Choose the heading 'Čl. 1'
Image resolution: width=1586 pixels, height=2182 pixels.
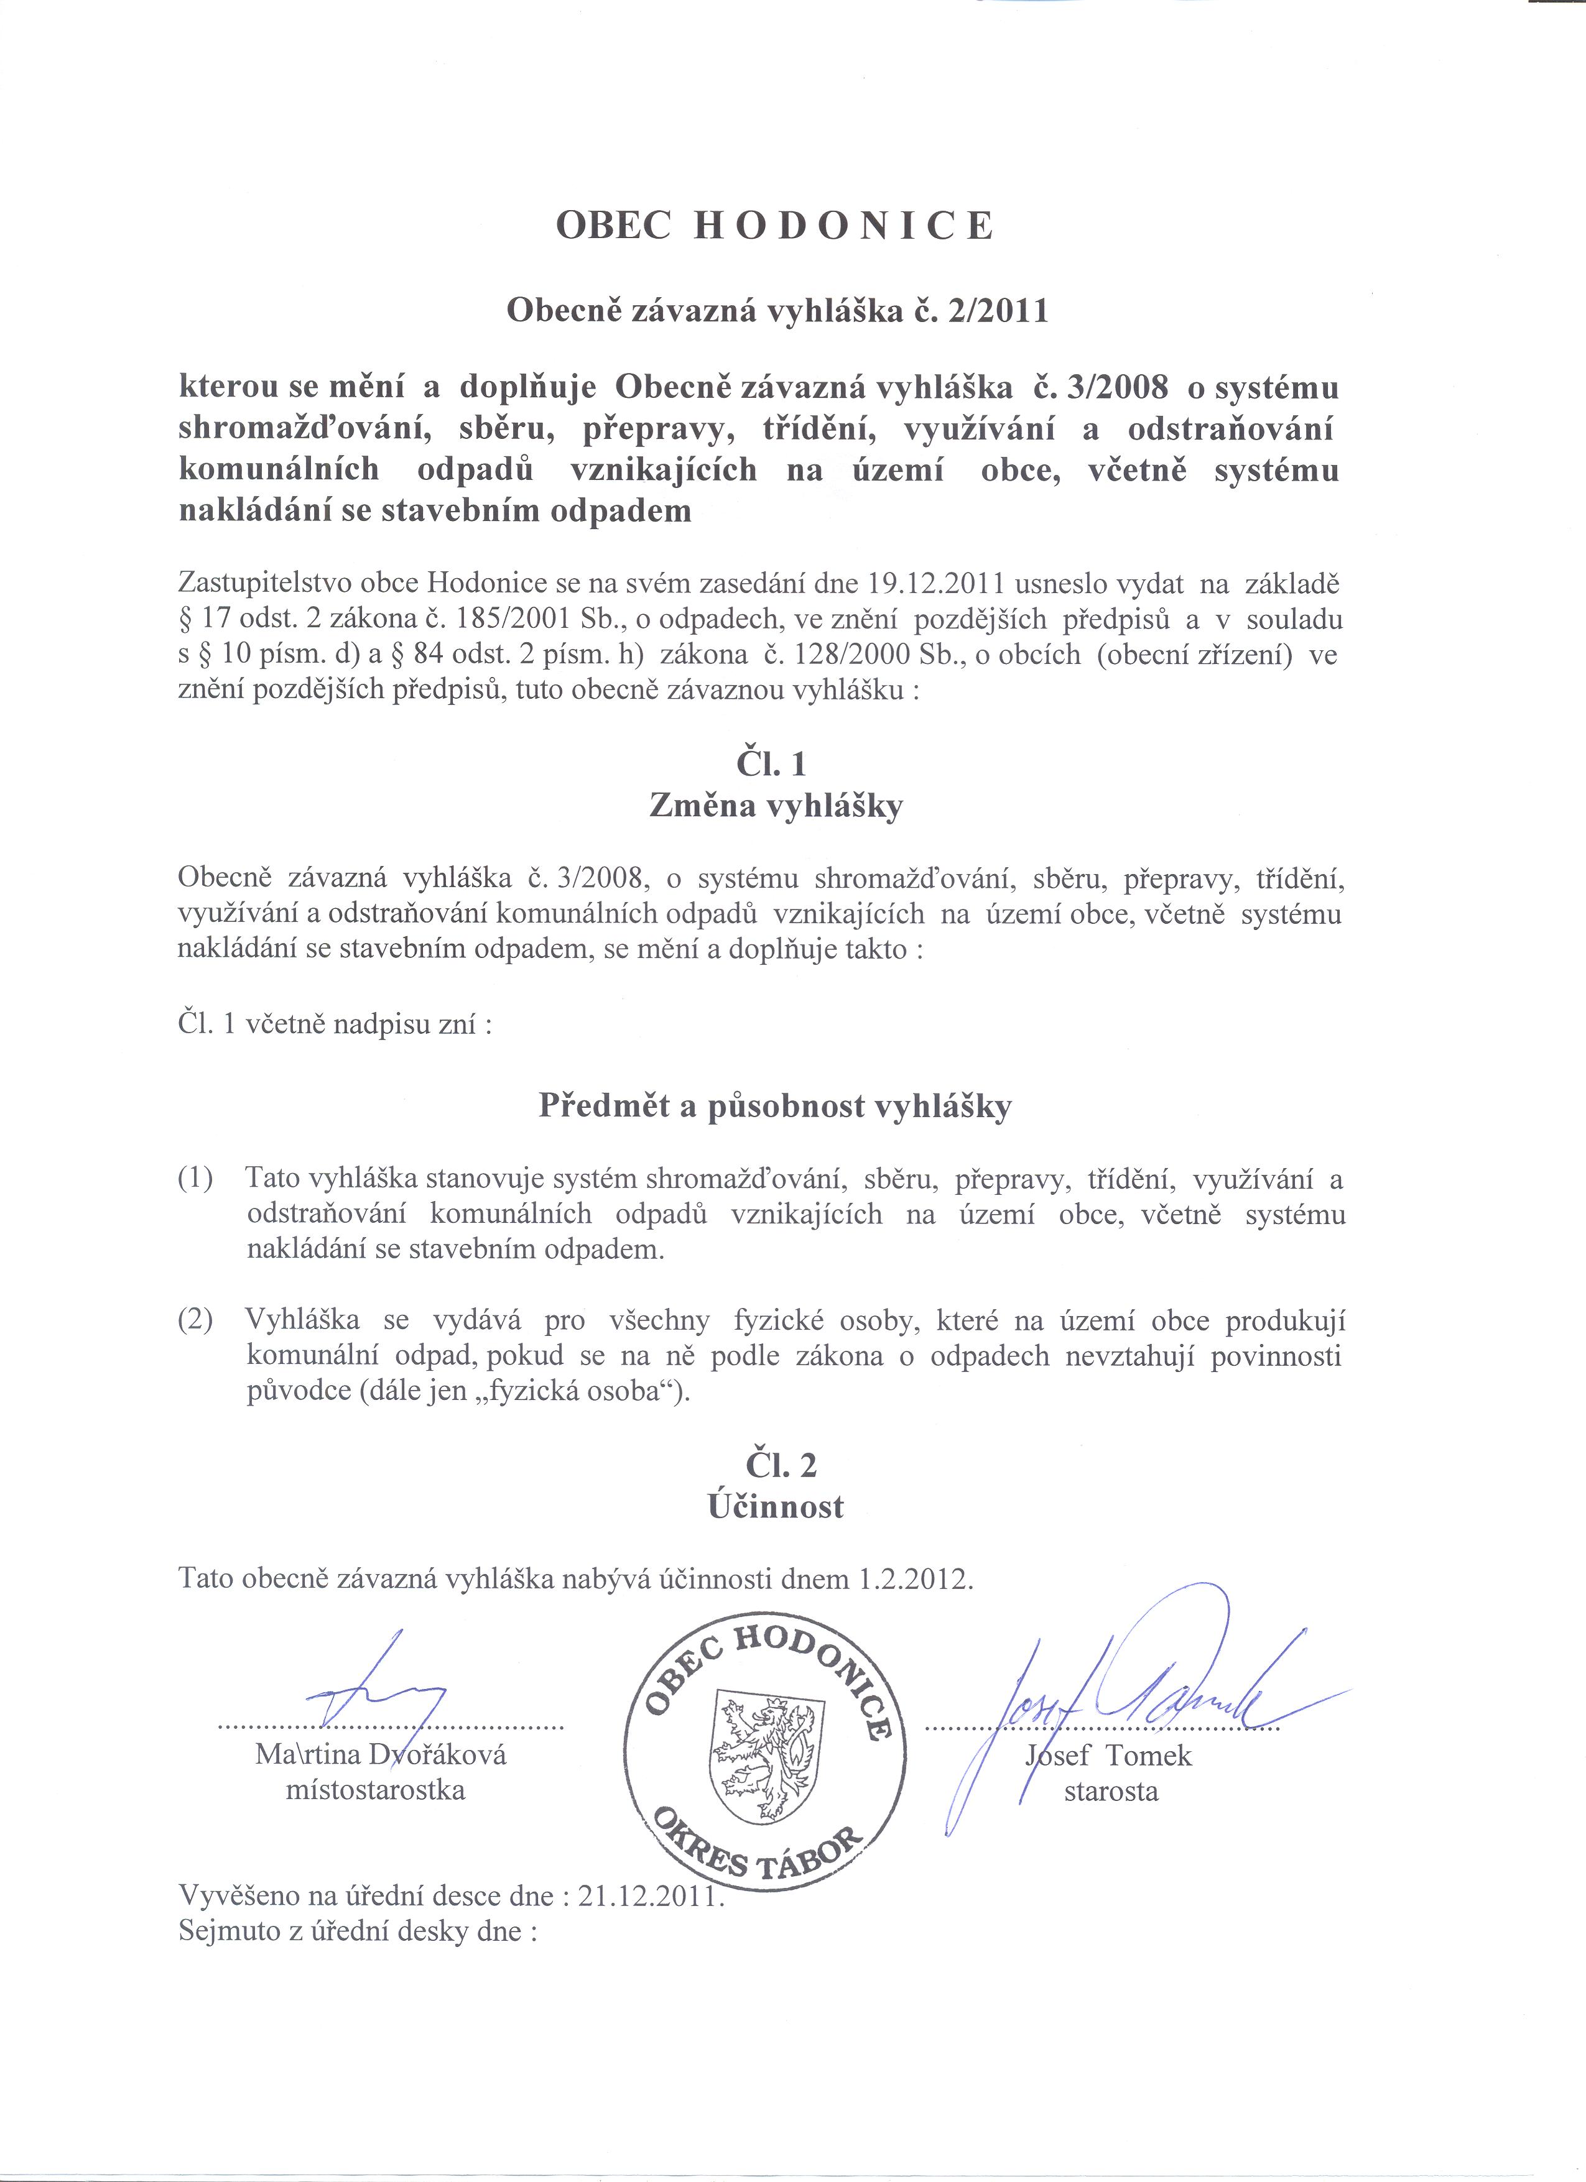pos(771,764)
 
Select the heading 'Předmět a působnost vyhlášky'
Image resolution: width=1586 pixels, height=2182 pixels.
pos(775,1107)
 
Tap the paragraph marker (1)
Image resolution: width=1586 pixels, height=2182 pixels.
pos(195,1179)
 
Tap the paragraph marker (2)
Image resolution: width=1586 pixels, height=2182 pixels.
pos(195,1320)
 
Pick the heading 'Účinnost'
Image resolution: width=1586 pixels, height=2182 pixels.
pos(776,1507)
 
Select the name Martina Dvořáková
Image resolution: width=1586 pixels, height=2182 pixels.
pos(381,1755)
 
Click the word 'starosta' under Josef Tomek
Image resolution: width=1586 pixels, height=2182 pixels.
pos(1111,1792)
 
